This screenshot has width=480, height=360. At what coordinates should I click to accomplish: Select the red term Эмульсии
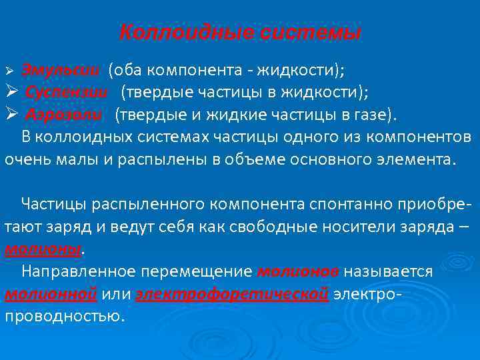[61, 70]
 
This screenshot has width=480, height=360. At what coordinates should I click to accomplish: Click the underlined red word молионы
[44, 249]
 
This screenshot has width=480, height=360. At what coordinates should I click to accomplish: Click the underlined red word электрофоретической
[232, 294]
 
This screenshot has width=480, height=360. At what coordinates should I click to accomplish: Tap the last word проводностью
[64, 317]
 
